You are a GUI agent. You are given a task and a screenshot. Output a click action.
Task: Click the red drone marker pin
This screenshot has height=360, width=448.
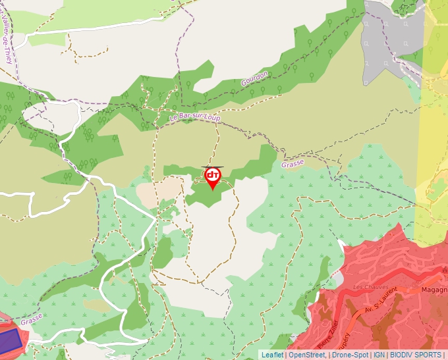tap(213, 177)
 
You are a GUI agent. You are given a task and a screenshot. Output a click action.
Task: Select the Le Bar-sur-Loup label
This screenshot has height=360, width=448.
tap(194, 118)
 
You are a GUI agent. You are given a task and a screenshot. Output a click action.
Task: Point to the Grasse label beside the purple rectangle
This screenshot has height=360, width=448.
tap(31, 320)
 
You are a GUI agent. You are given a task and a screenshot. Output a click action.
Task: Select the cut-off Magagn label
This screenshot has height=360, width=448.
tap(435, 290)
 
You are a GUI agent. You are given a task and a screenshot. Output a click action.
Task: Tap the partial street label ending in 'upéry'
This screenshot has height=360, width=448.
tap(344, 342)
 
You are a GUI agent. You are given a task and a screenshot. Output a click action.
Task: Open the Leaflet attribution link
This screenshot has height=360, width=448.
tap(272, 355)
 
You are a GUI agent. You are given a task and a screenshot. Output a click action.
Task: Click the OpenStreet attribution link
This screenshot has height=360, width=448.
tap(306, 355)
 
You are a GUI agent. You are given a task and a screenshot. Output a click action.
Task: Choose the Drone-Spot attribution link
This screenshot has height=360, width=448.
tap(350, 355)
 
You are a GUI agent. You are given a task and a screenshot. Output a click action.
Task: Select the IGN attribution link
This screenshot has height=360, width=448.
tap(379, 355)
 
